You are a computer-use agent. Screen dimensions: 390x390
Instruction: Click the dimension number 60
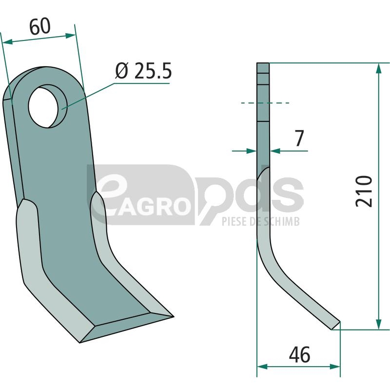(x=40, y=26)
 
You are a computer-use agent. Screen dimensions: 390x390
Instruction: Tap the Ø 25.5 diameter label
(x=143, y=71)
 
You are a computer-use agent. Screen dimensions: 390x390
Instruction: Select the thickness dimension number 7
(x=299, y=138)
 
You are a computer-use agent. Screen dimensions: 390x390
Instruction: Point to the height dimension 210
(x=364, y=191)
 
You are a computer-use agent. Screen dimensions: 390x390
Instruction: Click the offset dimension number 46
(x=299, y=355)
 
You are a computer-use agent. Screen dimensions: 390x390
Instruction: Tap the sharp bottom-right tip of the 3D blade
(x=174, y=316)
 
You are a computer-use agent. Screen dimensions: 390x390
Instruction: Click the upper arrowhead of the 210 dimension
(x=379, y=68)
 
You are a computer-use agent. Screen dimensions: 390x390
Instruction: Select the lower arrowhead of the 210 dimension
(x=379, y=324)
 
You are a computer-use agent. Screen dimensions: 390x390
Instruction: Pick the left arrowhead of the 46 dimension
(x=262, y=367)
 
